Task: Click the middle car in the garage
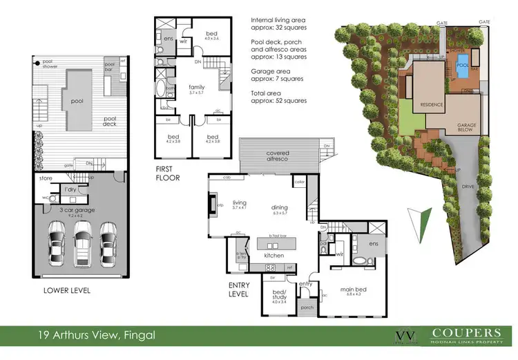point(81,243)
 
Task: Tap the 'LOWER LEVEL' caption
point(66,290)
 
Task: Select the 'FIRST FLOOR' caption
point(167,173)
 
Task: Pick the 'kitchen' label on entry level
point(274,256)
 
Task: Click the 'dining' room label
point(279,207)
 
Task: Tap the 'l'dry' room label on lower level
point(70,189)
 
